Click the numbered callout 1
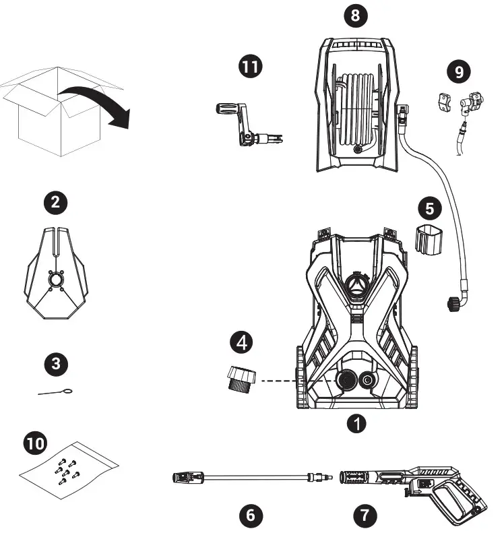[x=357, y=423]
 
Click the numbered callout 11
[x=251, y=67]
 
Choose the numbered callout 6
[x=251, y=515]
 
